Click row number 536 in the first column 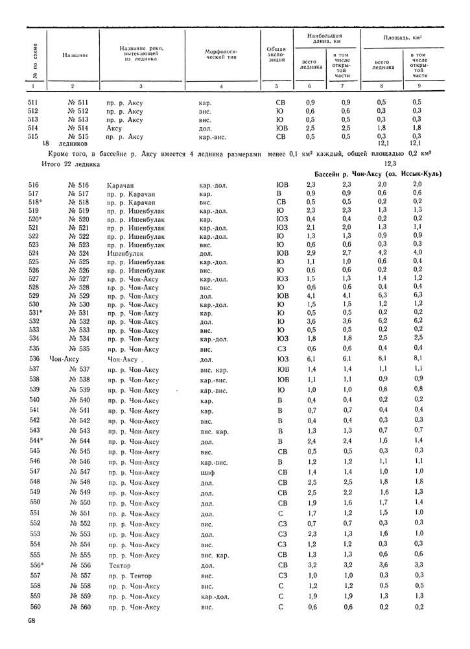click(35, 358)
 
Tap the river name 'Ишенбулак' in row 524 click(124, 253)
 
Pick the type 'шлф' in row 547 click(207, 472)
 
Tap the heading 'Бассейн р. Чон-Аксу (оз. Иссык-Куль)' click(373, 175)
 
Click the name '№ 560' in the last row click(77, 607)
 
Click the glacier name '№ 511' click(77, 103)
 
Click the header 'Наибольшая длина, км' click(325, 38)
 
